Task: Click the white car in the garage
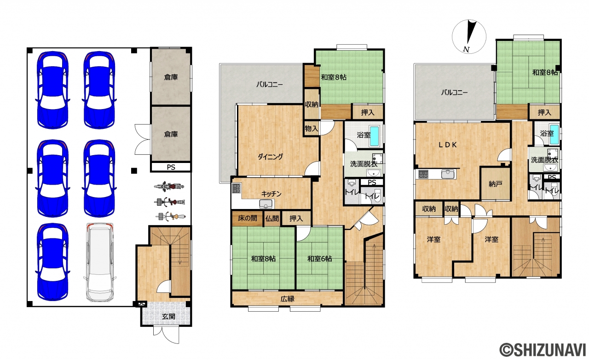point(100,262)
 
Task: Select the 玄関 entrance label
point(168,317)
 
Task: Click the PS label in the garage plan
point(171,167)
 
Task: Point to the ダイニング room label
point(270,157)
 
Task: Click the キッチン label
point(271,194)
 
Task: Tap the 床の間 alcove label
point(248,218)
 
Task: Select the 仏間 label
point(272,218)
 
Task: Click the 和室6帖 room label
point(320,259)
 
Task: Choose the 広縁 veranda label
point(288,299)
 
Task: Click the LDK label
point(448,145)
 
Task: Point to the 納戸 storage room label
point(496,184)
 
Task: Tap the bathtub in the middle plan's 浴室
point(375,136)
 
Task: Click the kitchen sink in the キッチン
point(266,203)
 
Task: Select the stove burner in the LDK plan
point(423,174)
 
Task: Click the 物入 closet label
point(312,129)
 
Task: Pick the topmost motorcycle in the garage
point(169,186)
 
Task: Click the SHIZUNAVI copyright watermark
point(543,349)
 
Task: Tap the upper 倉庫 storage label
point(171,77)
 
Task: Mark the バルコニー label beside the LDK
point(454,93)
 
